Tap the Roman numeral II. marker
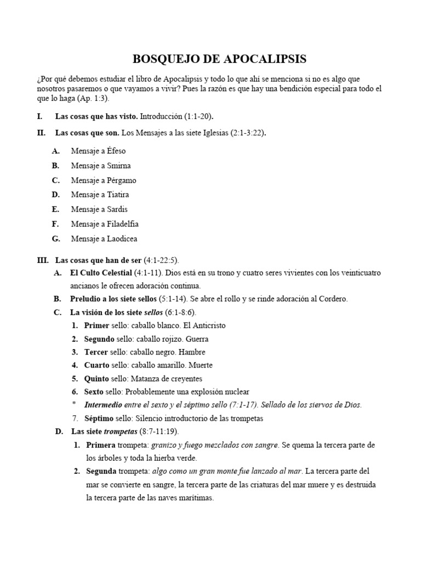pyautogui.click(x=41, y=133)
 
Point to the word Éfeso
pyautogui.click(x=116, y=151)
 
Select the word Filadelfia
pyautogui.click(x=123, y=224)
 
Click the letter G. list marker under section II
pyautogui.click(x=56, y=239)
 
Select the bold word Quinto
pyautogui.click(x=96, y=379)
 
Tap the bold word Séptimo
pyautogui.click(x=99, y=419)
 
